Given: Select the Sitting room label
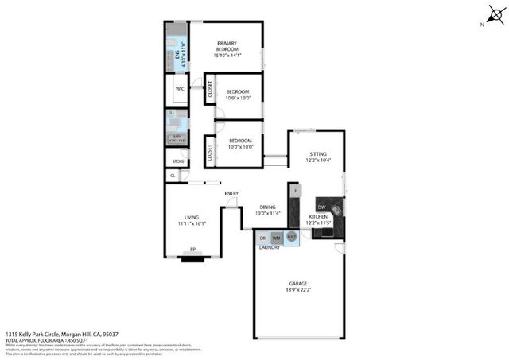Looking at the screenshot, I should click(318, 153).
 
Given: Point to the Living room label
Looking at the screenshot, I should click(192, 216).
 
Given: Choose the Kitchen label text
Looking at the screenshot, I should click(318, 216).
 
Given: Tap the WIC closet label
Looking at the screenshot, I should click(180, 90).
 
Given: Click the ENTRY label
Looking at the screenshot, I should click(231, 193).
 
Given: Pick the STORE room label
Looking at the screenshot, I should click(179, 161).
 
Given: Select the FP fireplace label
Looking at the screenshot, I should click(192, 250).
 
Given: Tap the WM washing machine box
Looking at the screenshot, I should click(276, 238).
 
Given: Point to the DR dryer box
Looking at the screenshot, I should click(262, 238).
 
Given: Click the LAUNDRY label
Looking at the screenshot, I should click(270, 247).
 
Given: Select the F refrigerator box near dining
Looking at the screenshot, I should click(295, 192).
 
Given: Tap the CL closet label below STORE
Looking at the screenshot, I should click(173, 176).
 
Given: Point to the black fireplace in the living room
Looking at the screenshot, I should click(192, 257).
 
